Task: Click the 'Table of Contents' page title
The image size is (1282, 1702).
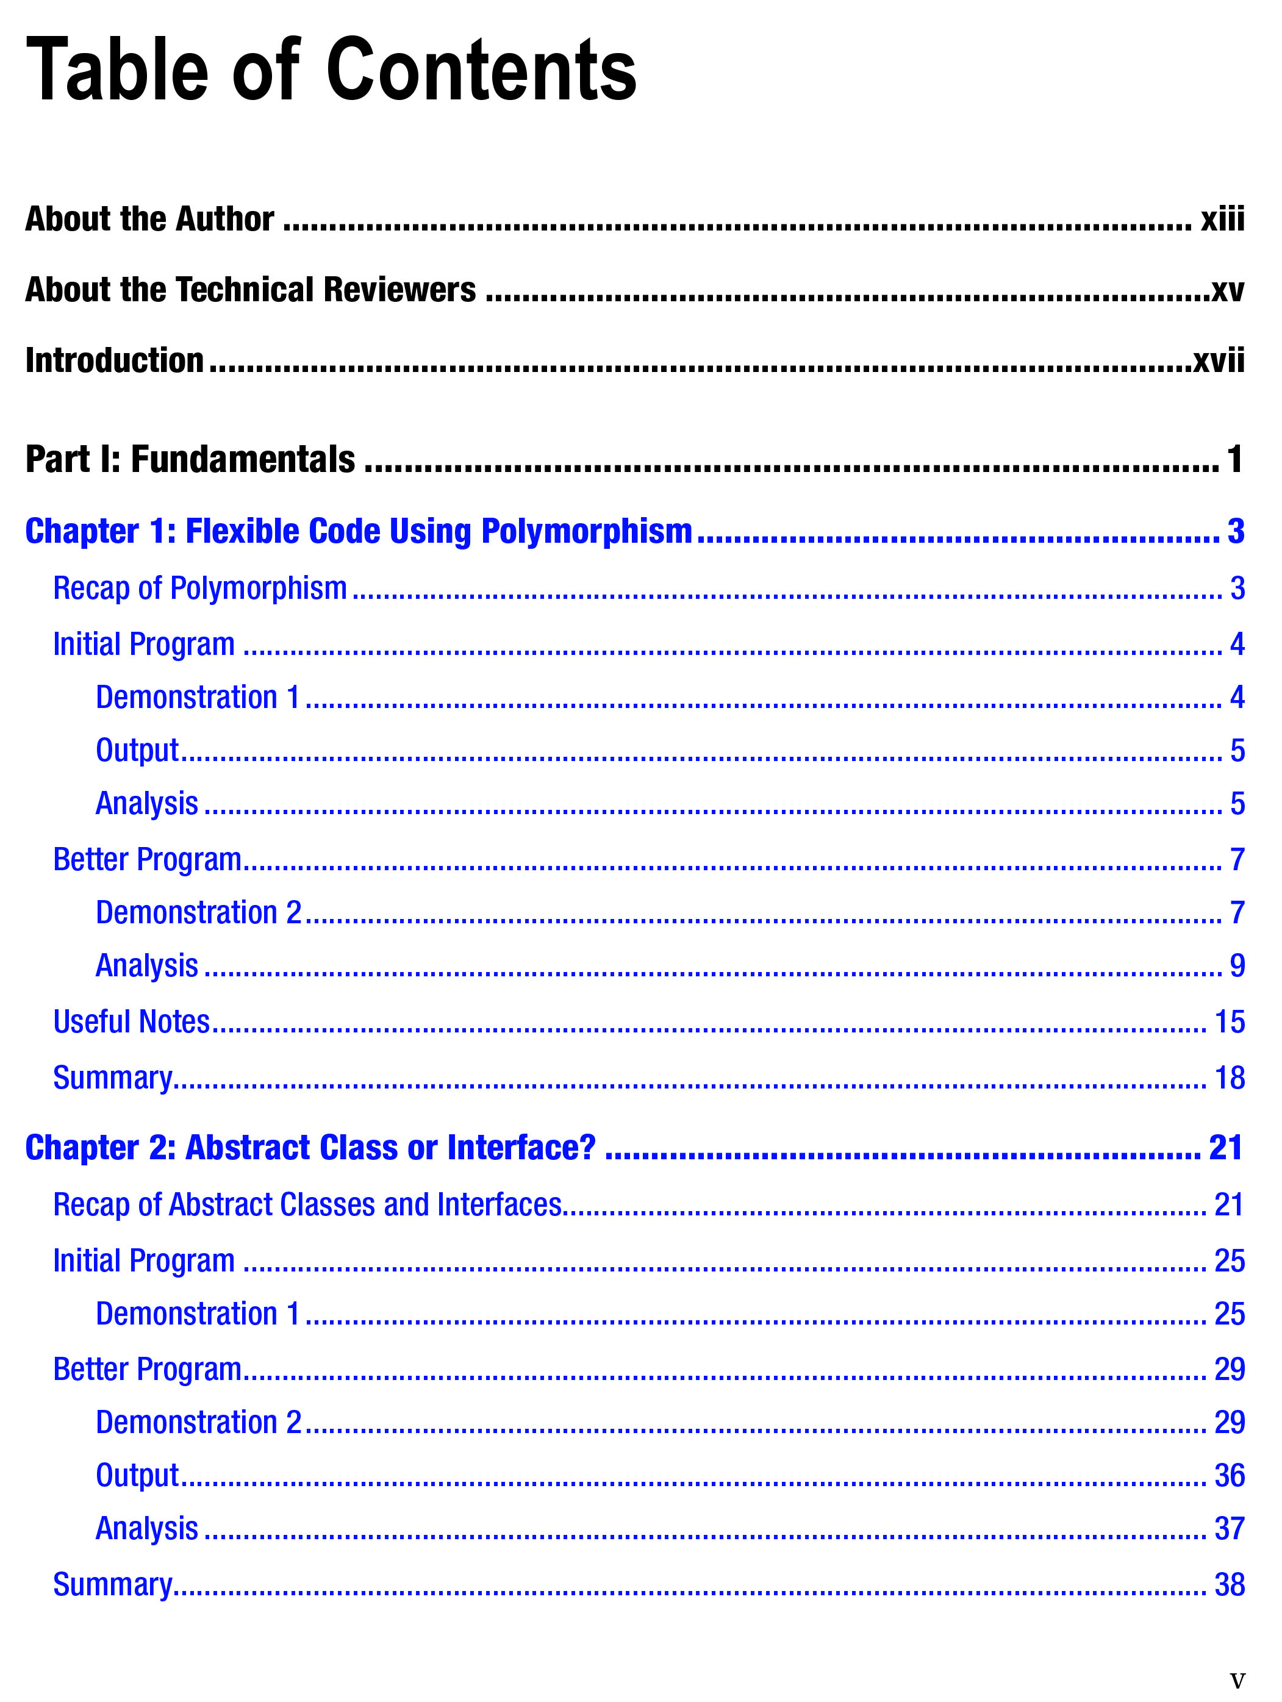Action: point(331,71)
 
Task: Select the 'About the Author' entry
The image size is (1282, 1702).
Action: point(149,220)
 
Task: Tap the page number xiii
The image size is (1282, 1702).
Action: point(1222,220)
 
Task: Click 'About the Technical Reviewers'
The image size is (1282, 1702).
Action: point(250,290)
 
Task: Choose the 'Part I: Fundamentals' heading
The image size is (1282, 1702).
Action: point(190,459)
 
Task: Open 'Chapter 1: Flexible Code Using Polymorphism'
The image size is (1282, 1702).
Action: point(359,532)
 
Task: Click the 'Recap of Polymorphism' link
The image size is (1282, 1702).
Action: point(199,588)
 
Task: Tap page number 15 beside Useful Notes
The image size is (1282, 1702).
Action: point(1229,1022)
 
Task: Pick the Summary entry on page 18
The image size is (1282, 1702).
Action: point(112,1078)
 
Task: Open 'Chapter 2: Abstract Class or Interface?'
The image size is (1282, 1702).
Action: point(310,1148)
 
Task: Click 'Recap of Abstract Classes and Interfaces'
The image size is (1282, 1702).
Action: point(307,1205)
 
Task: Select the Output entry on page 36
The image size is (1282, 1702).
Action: point(137,1475)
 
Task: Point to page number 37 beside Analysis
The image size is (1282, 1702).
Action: point(1229,1528)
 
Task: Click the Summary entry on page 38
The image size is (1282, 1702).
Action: point(112,1584)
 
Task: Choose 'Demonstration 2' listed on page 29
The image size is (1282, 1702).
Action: point(198,1422)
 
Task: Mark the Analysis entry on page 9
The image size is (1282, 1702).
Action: point(146,966)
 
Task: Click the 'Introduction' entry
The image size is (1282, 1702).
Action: point(114,361)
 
